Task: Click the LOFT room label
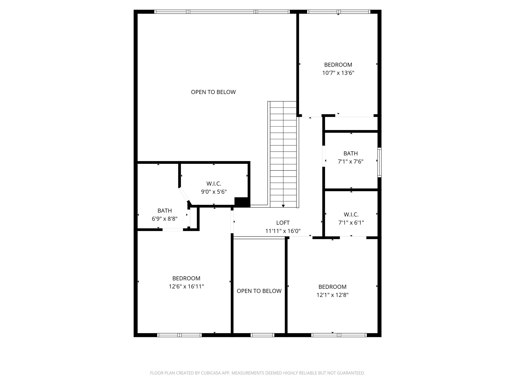[x=283, y=223]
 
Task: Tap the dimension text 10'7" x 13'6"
[x=338, y=73]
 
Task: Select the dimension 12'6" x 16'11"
[x=186, y=286]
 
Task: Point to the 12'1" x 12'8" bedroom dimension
[x=332, y=295]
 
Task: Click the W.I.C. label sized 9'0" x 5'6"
[x=214, y=184]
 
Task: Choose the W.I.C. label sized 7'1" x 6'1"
[x=351, y=214]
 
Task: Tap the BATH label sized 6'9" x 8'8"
[x=165, y=211]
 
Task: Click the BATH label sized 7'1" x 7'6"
[x=351, y=153]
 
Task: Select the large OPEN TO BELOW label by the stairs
[x=213, y=92]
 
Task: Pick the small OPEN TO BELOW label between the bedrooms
[x=259, y=291]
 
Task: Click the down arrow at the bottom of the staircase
[x=283, y=206]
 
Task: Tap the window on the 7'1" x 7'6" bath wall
[x=379, y=163]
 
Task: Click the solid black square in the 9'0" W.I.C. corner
[x=241, y=202]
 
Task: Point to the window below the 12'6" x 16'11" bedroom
[x=180, y=335]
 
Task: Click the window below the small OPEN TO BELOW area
[x=262, y=335]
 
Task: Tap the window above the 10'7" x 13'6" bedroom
[x=338, y=12]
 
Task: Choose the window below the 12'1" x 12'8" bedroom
[x=339, y=335]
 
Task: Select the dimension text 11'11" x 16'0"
[x=283, y=231]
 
